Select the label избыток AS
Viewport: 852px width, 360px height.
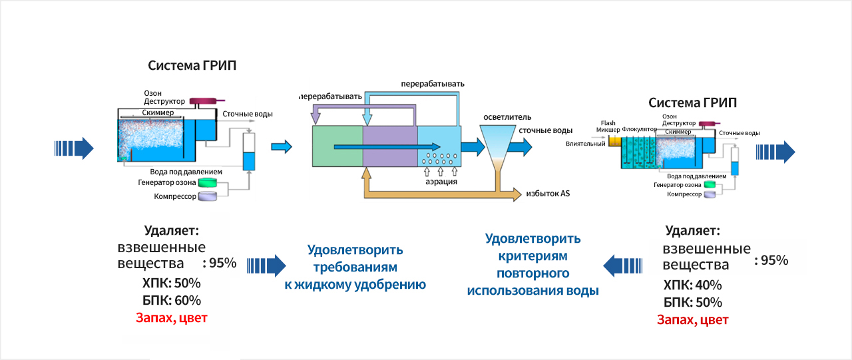pyautogui.click(x=547, y=194)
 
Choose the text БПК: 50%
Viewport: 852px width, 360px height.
pyautogui.click(x=693, y=303)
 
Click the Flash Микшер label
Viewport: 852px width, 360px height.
pyautogui.click(x=608, y=126)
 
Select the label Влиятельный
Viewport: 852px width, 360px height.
pyautogui.click(x=585, y=143)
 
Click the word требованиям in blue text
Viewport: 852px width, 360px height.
pyautogui.click(x=355, y=268)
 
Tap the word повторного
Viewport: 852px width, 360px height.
pyautogui.click(x=532, y=273)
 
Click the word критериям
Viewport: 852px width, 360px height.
pyautogui.click(x=532, y=256)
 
